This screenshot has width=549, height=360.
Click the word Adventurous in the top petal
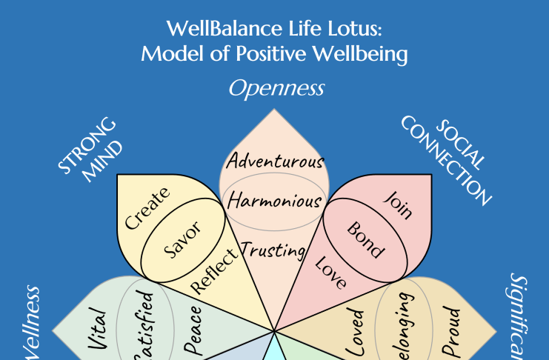point(275,161)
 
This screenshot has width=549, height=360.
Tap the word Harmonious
point(274,200)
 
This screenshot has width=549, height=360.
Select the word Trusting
point(273,250)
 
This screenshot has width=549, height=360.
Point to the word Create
point(147,208)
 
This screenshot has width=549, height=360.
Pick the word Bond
point(366,239)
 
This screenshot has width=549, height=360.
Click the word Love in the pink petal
point(331,270)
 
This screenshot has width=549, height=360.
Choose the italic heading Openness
point(276,89)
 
